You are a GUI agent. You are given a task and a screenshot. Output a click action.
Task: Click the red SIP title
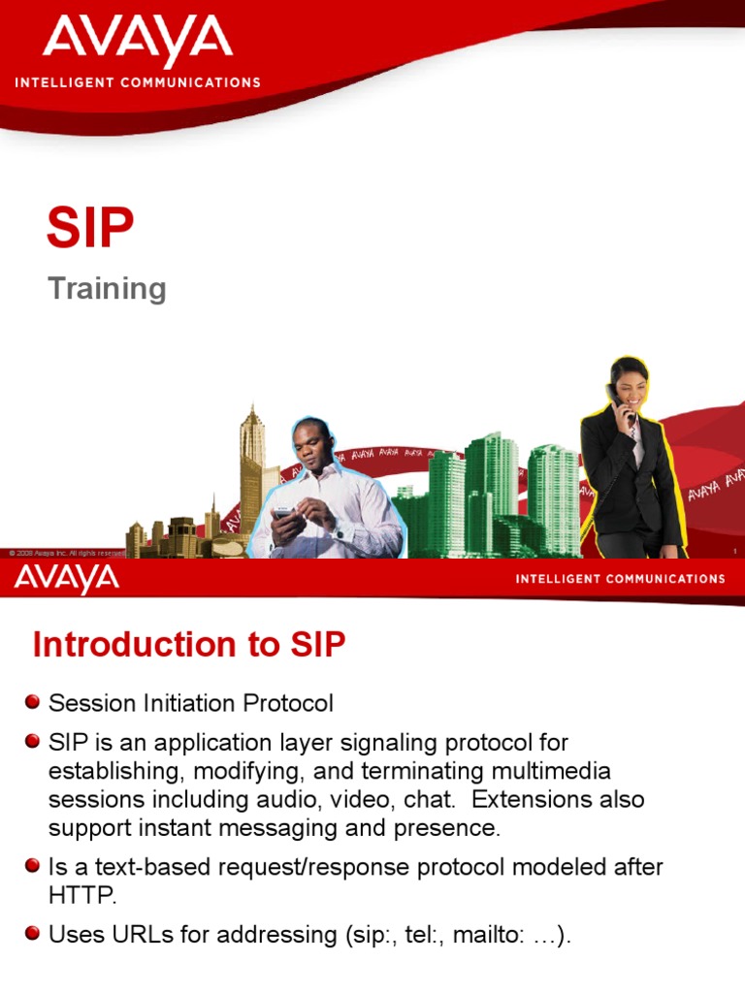click(90, 229)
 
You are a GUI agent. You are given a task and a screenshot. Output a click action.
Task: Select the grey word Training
click(108, 289)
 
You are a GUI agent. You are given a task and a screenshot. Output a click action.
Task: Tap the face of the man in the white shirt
click(312, 442)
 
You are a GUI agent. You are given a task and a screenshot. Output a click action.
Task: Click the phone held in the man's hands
click(282, 513)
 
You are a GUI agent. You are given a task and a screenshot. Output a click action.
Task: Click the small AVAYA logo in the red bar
click(67, 579)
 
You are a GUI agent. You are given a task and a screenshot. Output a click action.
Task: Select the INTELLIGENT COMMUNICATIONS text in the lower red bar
click(620, 579)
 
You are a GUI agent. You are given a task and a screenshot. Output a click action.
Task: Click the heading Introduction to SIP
click(189, 645)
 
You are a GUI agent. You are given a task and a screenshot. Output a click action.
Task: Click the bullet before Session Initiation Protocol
click(34, 701)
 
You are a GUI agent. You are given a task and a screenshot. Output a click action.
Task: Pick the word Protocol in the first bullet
click(287, 703)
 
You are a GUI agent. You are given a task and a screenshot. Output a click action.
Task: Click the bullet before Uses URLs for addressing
click(34, 934)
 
